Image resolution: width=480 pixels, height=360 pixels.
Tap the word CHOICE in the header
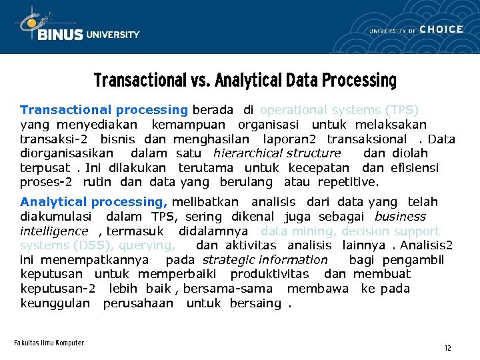tap(441, 29)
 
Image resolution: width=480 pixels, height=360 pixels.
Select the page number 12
tap(448, 348)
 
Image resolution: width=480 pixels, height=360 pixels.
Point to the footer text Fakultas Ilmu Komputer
tap(49, 343)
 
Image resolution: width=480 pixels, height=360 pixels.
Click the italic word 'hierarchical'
tap(248, 154)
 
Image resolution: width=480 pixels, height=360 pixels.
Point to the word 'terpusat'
tap(44, 169)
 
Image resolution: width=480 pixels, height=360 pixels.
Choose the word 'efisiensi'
tap(415, 169)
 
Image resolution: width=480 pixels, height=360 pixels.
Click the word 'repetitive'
tap(347, 183)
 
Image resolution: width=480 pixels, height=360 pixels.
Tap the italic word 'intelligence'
tap(54, 231)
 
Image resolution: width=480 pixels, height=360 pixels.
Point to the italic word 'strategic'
tap(229, 260)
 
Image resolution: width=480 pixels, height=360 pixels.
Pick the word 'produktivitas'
tap(269, 274)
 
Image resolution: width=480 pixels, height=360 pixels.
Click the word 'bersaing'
tap(256, 303)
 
